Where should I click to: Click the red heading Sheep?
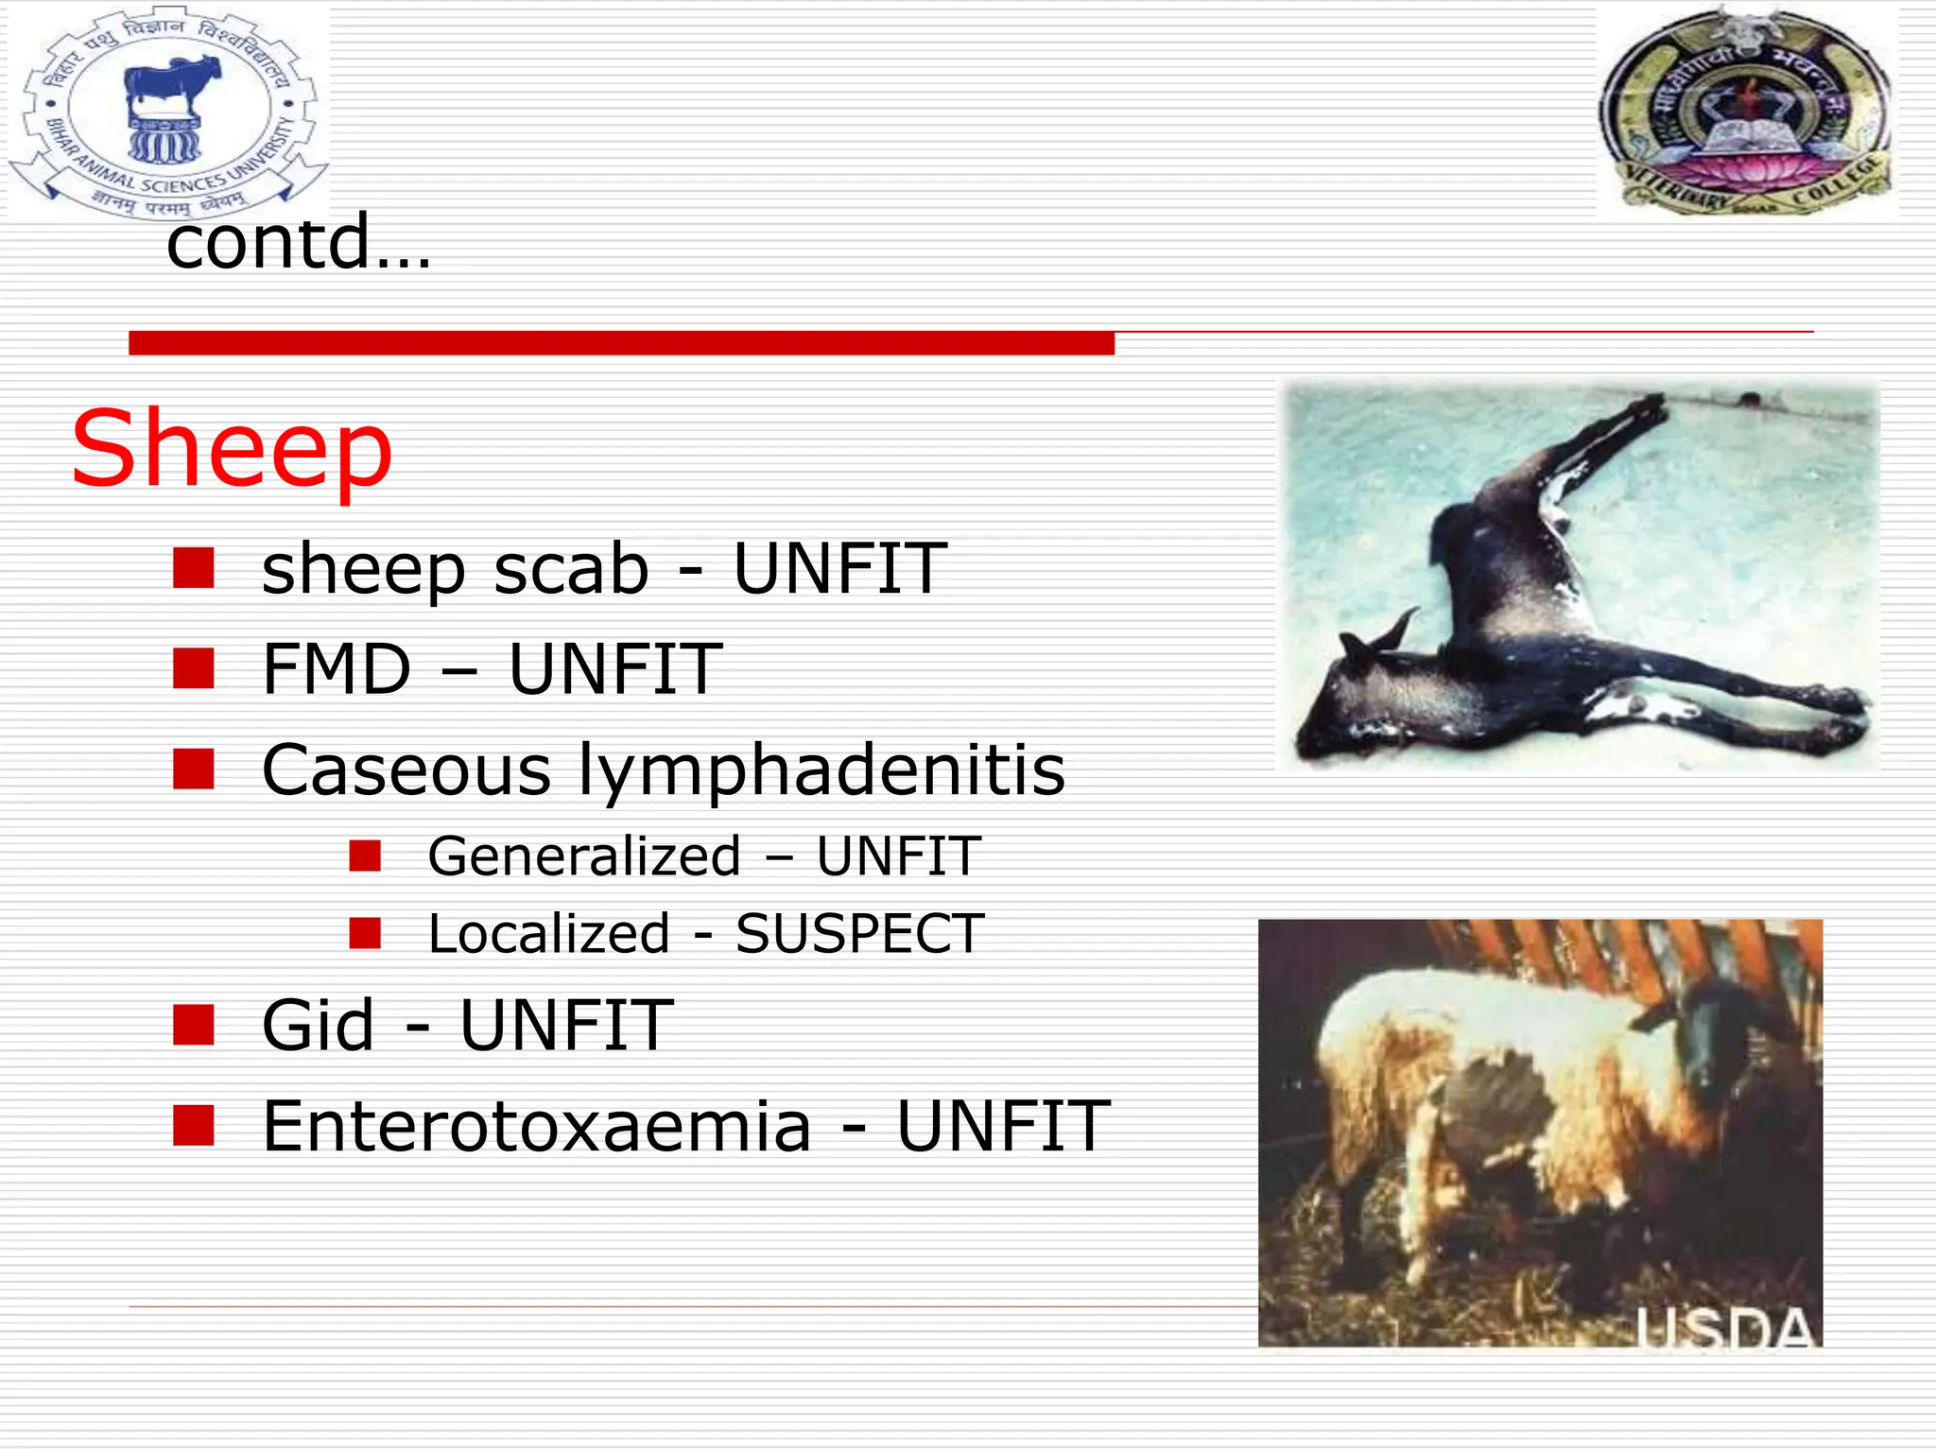coord(232,449)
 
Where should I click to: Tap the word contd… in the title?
coord(298,242)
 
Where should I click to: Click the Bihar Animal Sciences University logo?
coord(168,112)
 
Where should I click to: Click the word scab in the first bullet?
coord(571,570)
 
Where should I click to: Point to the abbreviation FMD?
coord(337,670)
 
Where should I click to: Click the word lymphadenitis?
coord(821,770)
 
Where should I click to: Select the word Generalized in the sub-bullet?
coord(584,856)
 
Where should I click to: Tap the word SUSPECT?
coord(859,934)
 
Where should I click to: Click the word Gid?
coord(318,1026)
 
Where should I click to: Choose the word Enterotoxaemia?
coord(536,1127)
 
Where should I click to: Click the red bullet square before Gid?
coord(194,1025)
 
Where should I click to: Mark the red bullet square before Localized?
coord(365,933)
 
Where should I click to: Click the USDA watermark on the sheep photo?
coord(1725,1328)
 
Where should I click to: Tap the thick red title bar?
coord(621,342)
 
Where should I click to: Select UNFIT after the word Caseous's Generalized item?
coord(898,856)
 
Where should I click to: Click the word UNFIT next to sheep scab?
coord(839,570)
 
